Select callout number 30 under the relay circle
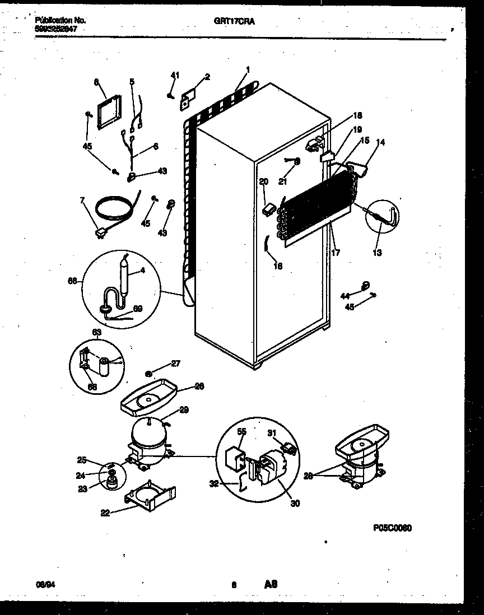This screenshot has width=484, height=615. point(295,504)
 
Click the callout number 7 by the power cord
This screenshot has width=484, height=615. point(83,200)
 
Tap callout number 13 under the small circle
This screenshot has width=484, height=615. point(377,253)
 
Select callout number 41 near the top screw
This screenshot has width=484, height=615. point(175,75)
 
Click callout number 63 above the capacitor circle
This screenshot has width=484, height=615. point(96,332)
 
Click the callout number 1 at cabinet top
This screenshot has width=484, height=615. point(247,70)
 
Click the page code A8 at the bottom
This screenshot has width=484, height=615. point(271,584)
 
